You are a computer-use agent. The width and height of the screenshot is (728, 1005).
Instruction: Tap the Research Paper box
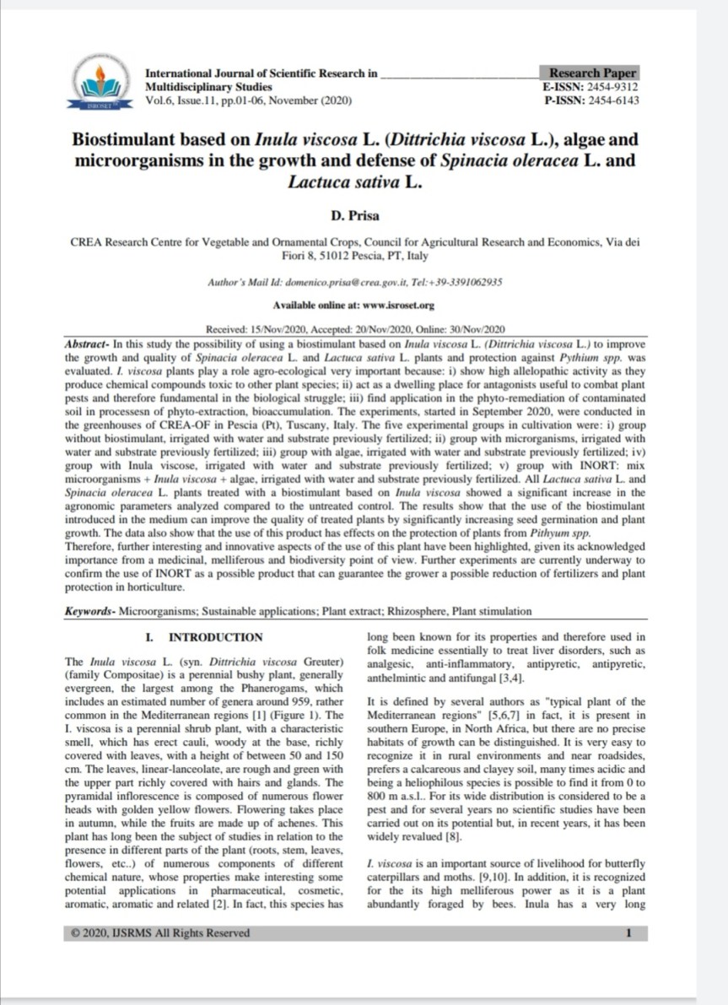(x=593, y=73)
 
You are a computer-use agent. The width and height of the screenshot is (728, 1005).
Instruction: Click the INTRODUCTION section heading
(x=215, y=637)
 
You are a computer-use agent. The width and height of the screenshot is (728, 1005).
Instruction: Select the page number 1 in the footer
(x=628, y=932)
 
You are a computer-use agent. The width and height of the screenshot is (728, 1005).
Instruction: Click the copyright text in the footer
(x=161, y=932)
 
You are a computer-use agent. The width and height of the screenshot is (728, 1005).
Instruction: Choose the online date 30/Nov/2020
(x=479, y=328)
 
